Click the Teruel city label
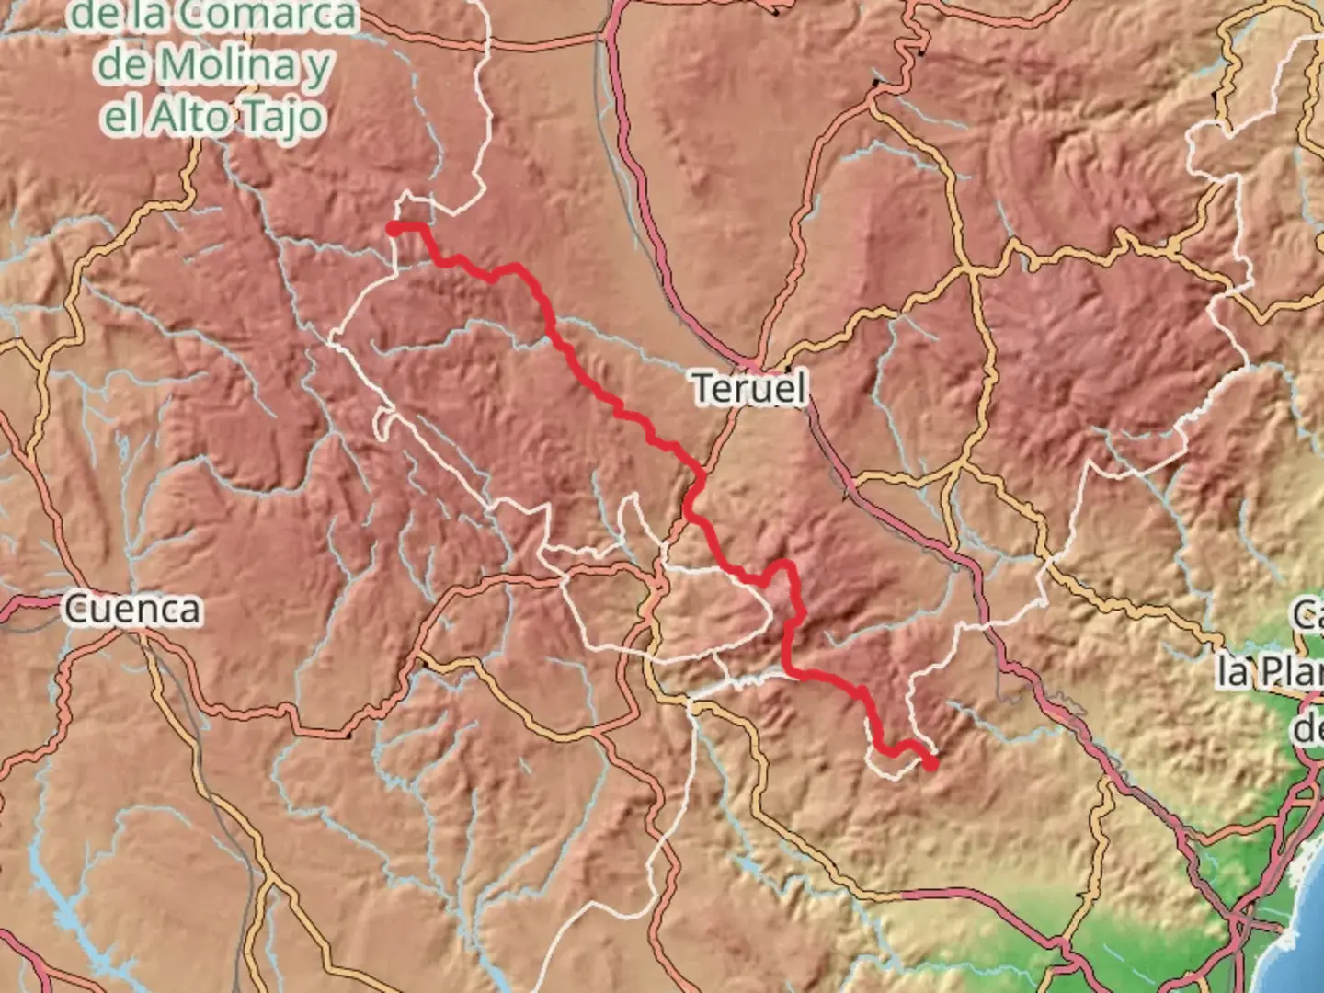pos(749,388)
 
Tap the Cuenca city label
pos(132,609)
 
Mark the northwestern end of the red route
pos(394,229)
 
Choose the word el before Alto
pos(123,117)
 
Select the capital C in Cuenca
pos(75,609)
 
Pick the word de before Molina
pos(121,64)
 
